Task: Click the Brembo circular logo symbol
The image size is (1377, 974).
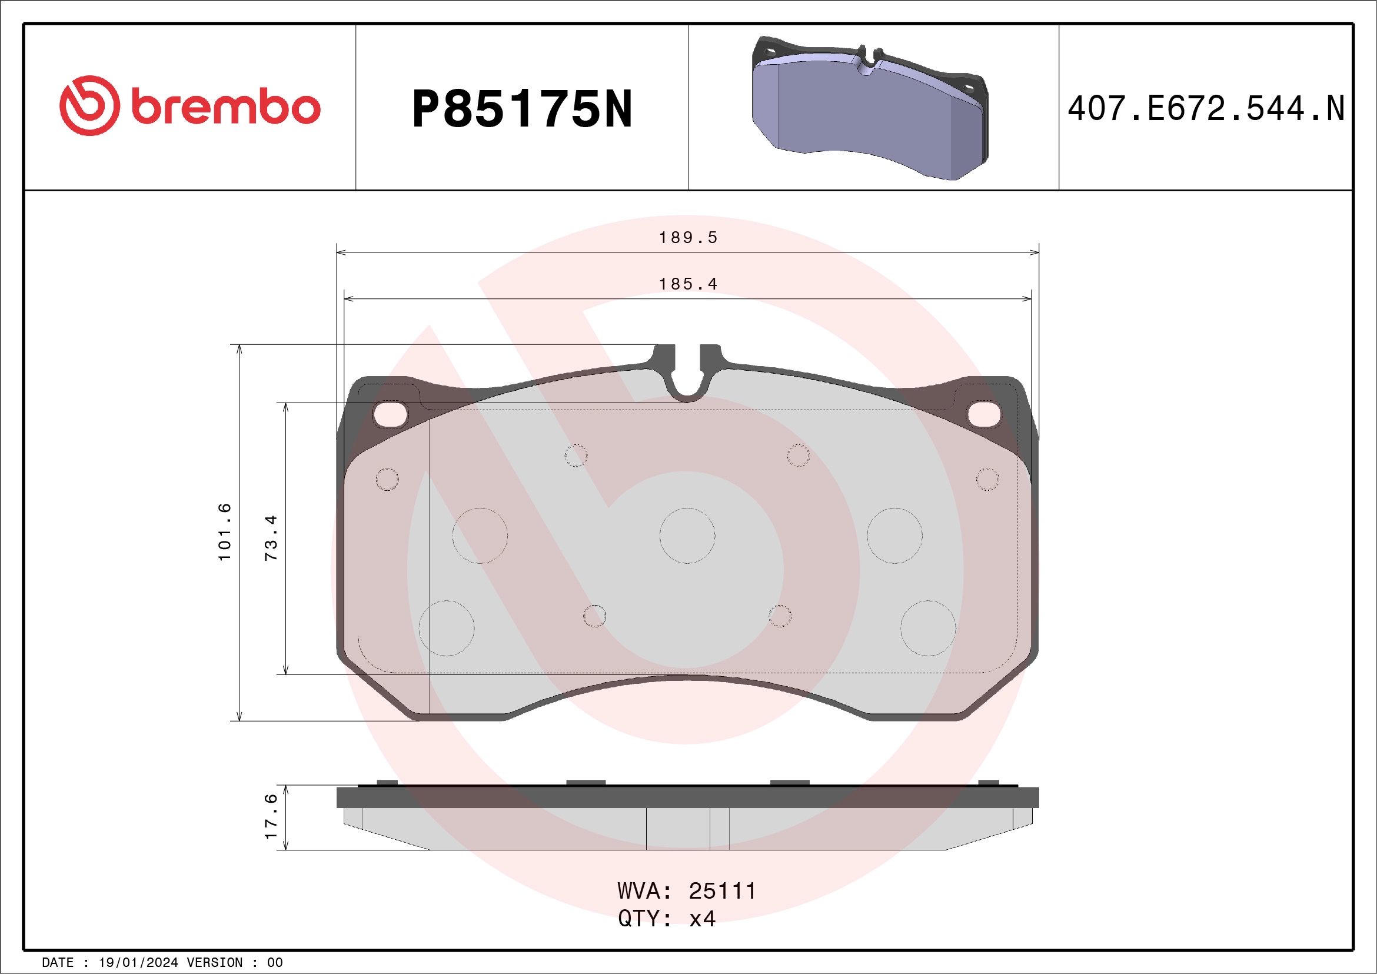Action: click(89, 105)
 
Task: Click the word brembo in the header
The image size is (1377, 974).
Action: click(226, 107)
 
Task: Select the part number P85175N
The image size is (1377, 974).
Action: click(522, 108)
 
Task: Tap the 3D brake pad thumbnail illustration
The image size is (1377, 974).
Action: click(870, 108)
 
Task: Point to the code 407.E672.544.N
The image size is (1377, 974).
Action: click(1206, 108)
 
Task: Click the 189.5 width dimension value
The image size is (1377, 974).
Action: click(688, 238)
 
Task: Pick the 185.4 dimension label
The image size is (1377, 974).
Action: click(688, 284)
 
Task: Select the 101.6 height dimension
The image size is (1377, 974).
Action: click(224, 533)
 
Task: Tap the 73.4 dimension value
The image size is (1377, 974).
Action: click(271, 537)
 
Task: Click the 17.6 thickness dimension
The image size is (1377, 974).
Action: click(271, 816)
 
